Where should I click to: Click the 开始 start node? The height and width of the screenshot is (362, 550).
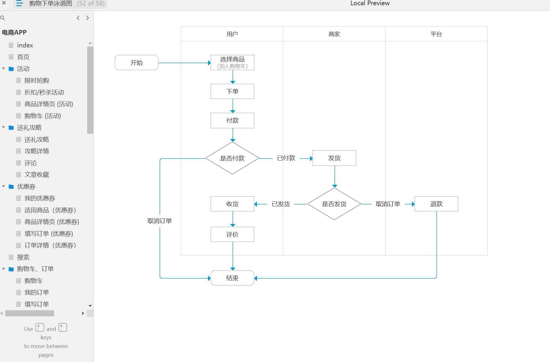(x=136, y=63)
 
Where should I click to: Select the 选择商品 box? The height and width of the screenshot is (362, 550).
(x=232, y=63)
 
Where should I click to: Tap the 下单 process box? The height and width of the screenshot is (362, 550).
(x=232, y=91)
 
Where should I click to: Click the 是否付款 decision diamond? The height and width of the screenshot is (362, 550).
(x=232, y=158)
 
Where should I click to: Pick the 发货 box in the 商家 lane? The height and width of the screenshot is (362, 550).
(x=334, y=158)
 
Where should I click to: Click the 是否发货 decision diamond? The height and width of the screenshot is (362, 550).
(x=334, y=204)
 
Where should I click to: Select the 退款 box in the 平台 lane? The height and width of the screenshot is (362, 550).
(x=436, y=204)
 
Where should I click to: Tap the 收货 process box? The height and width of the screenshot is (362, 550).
(x=232, y=204)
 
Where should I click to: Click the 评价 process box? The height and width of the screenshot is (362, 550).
(x=232, y=234)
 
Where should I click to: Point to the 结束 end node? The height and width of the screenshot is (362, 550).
(x=232, y=278)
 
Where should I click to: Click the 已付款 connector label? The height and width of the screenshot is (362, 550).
(x=286, y=158)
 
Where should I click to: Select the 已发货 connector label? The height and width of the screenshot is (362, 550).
(x=281, y=204)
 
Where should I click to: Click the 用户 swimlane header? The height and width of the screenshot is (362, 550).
(x=232, y=34)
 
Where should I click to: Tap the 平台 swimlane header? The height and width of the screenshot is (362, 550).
(x=436, y=34)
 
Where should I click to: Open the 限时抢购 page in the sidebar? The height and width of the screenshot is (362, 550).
(x=37, y=81)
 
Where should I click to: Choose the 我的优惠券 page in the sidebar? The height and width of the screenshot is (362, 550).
(x=40, y=198)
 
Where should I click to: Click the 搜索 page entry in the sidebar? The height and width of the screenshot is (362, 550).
(x=23, y=257)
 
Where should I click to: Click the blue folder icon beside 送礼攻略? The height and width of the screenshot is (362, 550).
(x=11, y=128)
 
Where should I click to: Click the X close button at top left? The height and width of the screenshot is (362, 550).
(x=4, y=3)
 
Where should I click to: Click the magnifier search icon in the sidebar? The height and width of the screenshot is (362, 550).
(x=3, y=18)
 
